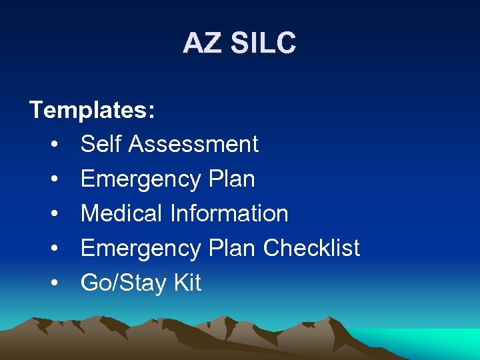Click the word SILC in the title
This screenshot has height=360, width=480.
pyautogui.click(x=263, y=44)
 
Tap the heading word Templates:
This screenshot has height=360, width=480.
pyautogui.click(x=93, y=109)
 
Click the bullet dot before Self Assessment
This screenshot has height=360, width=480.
pyautogui.click(x=55, y=145)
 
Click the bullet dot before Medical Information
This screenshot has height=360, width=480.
pyautogui.click(x=55, y=214)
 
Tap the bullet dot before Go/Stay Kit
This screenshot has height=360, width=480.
pyautogui.click(x=55, y=283)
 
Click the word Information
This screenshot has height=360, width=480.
pyautogui.click(x=229, y=213)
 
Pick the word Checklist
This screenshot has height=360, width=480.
pyautogui.click(x=311, y=248)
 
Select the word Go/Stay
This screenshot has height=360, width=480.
pyautogui.click(x=124, y=283)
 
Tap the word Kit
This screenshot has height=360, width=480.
pyautogui.click(x=187, y=283)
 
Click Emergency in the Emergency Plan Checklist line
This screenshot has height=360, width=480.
pyautogui.click(x=141, y=249)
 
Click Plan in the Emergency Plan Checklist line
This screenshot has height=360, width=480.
pyautogui.click(x=231, y=248)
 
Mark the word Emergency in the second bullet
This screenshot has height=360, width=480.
pyautogui.click(x=141, y=179)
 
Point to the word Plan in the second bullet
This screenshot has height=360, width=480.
pyautogui.click(x=231, y=179)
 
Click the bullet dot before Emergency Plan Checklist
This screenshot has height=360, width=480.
pyautogui.click(x=55, y=249)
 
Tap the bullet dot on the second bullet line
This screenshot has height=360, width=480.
pyautogui.click(x=55, y=179)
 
